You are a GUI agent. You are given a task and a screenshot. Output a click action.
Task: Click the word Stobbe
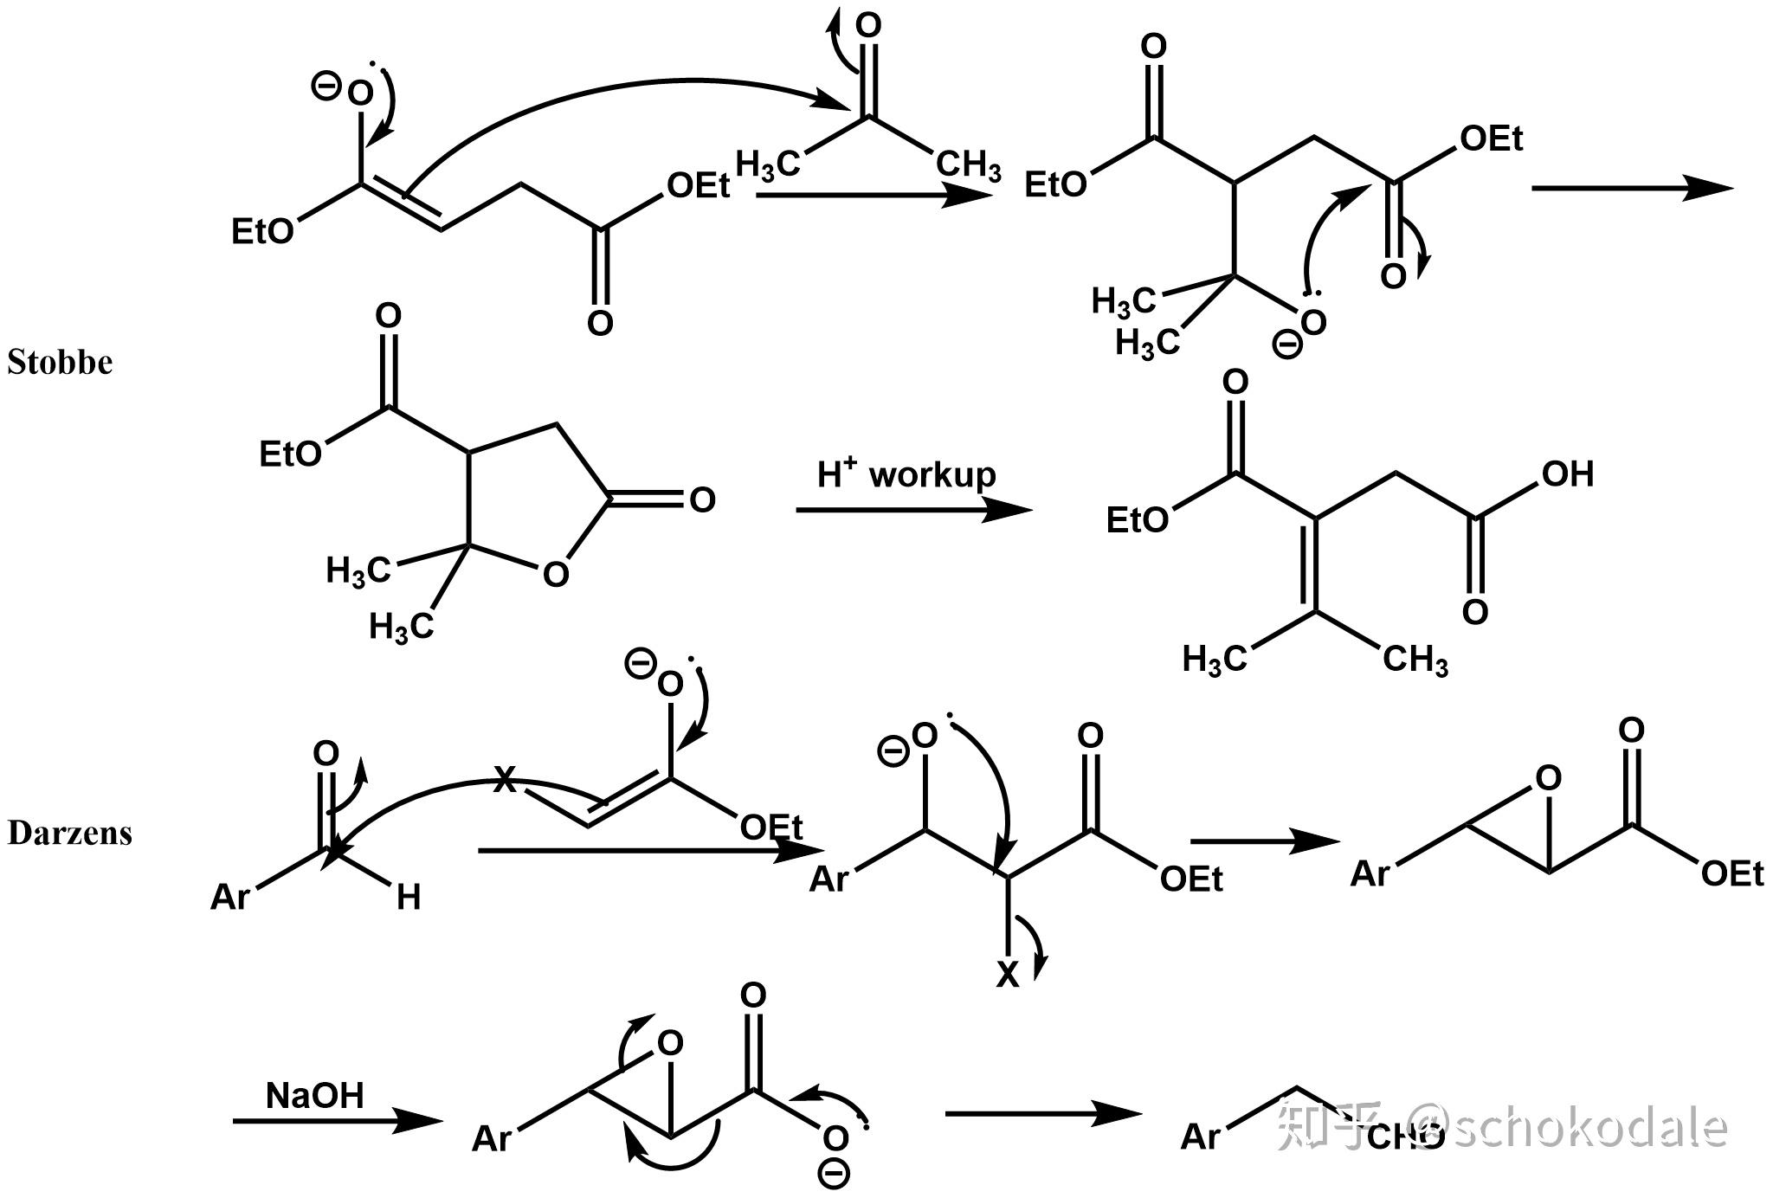tap(60, 362)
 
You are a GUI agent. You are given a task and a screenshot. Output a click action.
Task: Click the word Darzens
tap(69, 833)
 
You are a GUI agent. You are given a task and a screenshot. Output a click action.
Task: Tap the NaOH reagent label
tap(314, 1095)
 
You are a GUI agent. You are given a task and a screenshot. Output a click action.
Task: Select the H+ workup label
tap(906, 474)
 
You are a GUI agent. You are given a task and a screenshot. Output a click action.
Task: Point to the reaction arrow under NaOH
tap(338, 1121)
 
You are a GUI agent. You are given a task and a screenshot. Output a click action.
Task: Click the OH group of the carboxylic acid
tap(1568, 473)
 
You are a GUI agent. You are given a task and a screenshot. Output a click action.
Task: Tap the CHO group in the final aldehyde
tap(1406, 1137)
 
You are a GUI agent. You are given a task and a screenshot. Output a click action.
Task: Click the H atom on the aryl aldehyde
tap(408, 898)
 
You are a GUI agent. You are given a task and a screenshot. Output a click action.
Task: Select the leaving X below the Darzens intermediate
tap(1008, 975)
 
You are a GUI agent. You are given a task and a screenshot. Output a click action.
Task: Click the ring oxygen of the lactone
tap(556, 574)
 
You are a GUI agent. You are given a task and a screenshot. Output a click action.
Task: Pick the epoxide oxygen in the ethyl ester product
tap(1548, 778)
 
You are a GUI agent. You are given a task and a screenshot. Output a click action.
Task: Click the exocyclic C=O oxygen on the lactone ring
tap(702, 499)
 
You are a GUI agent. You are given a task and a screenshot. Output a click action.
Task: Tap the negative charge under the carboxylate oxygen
tap(834, 1174)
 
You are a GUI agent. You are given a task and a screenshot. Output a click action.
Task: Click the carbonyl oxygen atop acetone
tap(868, 25)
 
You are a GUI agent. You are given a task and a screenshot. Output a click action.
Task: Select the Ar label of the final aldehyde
tap(1200, 1137)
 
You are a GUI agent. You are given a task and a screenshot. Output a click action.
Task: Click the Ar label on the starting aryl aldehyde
tap(229, 898)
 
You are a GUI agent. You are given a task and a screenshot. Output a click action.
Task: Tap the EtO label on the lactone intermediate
tap(290, 454)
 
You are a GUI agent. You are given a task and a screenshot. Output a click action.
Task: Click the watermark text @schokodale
tap(1567, 1127)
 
